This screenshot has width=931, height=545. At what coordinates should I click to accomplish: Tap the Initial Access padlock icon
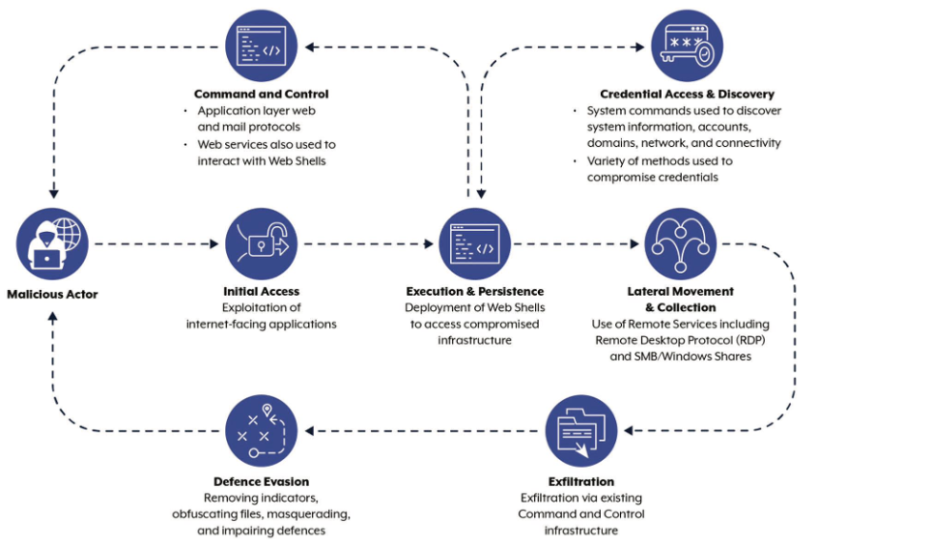click(262, 244)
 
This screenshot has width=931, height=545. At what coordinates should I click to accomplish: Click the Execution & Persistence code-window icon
click(475, 244)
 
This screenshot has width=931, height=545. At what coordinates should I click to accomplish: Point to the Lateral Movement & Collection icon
click(681, 244)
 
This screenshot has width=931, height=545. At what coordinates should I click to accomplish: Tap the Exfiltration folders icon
click(581, 431)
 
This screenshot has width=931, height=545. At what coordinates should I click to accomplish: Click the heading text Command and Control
click(261, 94)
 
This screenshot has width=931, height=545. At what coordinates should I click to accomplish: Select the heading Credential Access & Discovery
click(687, 94)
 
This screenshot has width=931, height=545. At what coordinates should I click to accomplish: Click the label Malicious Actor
click(53, 293)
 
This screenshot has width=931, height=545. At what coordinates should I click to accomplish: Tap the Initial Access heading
click(261, 291)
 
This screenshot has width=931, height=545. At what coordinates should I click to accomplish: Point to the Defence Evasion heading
click(261, 481)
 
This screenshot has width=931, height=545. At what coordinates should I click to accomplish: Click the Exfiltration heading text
click(580, 481)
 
